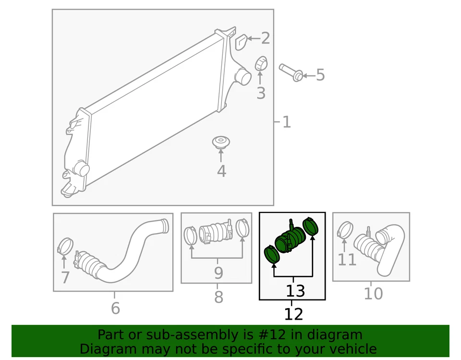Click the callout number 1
tap(286, 122)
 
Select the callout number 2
tap(265, 38)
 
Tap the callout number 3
tap(261, 93)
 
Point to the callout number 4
tap(221, 171)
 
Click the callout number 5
tap(320, 75)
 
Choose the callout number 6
tap(115, 308)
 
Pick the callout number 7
tap(65, 277)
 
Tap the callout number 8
tap(218, 298)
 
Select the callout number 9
tap(218, 273)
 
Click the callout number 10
tap(373, 293)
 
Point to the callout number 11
tap(347, 260)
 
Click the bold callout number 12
tap(293, 314)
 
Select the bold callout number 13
tap(295, 291)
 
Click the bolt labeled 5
tap(291, 72)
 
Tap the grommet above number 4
tap(221, 142)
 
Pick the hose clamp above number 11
tap(345, 230)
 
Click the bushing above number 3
tap(260, 63)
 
